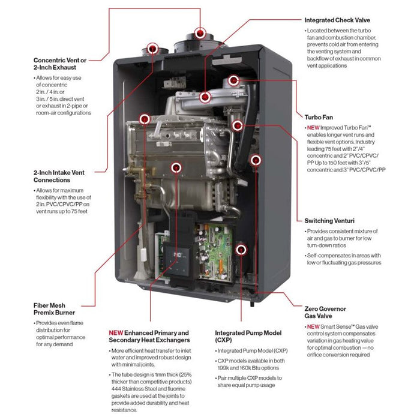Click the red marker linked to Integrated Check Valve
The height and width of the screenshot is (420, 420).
point(206,95)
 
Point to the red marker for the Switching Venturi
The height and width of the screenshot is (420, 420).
point(256,160)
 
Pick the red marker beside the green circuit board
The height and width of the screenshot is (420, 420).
point(241,248)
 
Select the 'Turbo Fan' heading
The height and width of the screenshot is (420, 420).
point(319,118)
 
